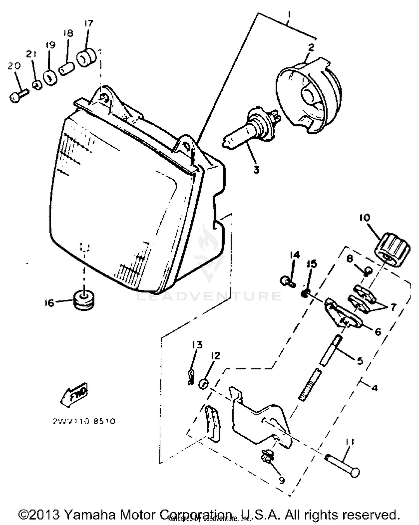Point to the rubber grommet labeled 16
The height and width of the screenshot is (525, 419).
pos(83,301)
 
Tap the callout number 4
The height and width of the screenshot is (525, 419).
pos(375,388)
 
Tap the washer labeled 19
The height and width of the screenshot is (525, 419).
pos(50,78)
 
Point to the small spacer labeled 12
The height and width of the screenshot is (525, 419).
pos(203,384)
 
